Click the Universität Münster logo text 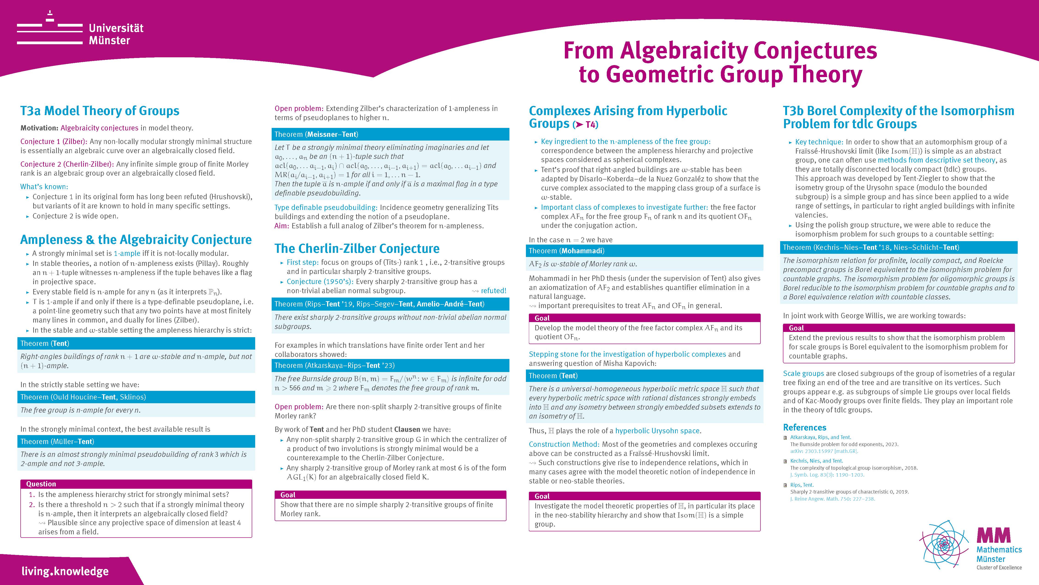pos(116,34)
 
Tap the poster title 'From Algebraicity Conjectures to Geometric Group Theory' pos(720,63)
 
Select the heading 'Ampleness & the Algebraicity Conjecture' pos(136,239)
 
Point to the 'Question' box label pos(41,484)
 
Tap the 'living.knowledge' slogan pos(65,571)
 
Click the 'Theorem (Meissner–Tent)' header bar pos(390,134)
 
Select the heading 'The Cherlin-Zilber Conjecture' pos(357,248)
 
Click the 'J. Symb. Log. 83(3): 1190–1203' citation pos(827,475)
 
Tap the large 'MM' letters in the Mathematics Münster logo pos(993,535)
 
